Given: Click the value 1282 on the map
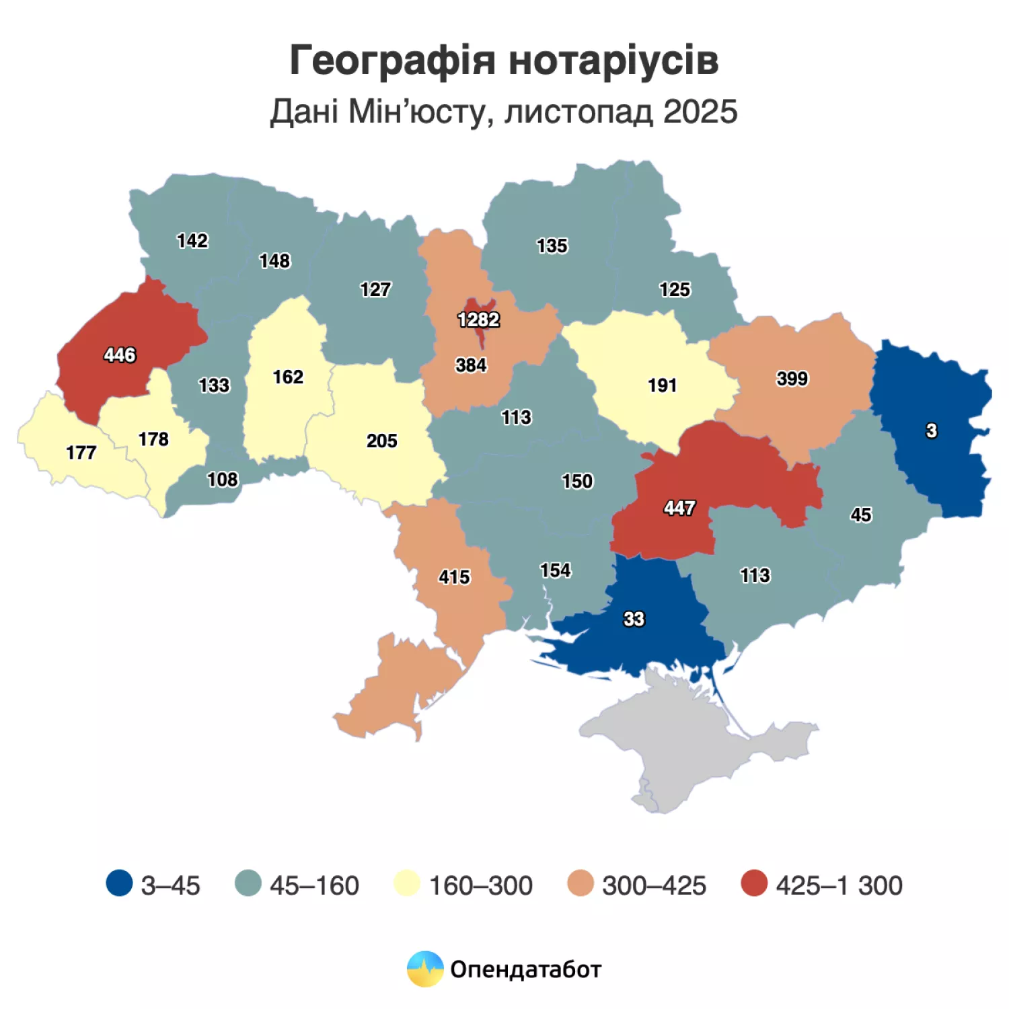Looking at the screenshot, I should tap(478, 320).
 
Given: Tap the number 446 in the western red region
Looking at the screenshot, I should tap(120, 354).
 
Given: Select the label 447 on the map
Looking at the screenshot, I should tap(679, 508).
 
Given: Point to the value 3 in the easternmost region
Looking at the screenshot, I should tap(931, 431).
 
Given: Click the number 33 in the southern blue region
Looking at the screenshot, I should tap(634, 619).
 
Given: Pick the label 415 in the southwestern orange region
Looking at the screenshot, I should tap(454, 577).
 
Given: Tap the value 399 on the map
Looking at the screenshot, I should tap(792, 379).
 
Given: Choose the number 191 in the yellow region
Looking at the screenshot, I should tap(662, 385).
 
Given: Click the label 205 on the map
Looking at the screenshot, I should tap(381, 441).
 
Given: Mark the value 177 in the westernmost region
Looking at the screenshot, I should tap(81, 453).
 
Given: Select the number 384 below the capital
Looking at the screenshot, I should tap(471, 365).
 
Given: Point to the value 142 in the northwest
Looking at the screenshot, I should tap(192, 241).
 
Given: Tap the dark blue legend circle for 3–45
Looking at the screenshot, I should tap(119, 883).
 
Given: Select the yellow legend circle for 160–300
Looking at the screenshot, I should tap(407, 883).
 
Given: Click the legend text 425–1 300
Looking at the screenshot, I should tap(839, 885).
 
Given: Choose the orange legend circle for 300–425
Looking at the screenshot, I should tap(581, 883).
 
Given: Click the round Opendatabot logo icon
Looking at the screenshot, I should tap(425, 969).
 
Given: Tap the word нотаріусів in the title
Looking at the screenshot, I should tap(613, 61).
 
